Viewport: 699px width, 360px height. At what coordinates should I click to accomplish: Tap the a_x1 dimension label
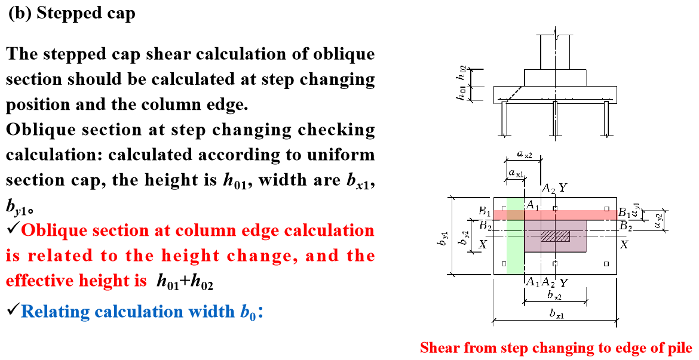pos(516,173)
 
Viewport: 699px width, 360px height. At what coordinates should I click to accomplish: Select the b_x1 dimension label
pos(555,314)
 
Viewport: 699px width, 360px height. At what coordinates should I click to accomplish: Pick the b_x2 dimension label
pos(554,296)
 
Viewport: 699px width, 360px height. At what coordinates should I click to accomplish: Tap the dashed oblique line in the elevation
pos(514,93)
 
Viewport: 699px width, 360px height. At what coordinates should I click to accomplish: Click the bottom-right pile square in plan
pos(606,263)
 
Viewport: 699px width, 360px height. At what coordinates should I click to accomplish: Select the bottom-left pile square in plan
pos(504,263)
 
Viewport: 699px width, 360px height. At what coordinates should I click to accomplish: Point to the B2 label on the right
pos(626,226)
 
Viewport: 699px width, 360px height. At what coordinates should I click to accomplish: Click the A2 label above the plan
pos(548,189)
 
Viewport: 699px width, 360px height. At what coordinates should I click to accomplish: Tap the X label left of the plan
pos(483,245)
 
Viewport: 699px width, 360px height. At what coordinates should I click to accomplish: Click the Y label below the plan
pos(563,282)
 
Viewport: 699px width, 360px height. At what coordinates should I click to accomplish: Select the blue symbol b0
pos(249,312)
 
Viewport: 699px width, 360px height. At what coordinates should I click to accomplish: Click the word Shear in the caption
pos(439,347)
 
